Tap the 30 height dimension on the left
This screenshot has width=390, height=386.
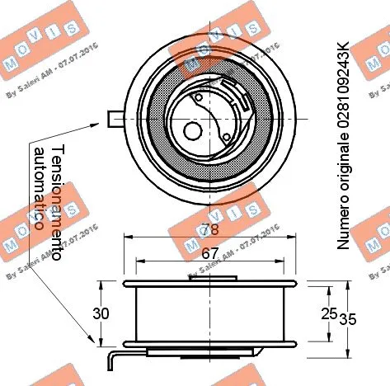click(x=101, y=314)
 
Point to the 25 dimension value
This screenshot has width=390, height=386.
click(x=328, y=314)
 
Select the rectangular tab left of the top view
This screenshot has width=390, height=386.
click(x=116, y=119)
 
